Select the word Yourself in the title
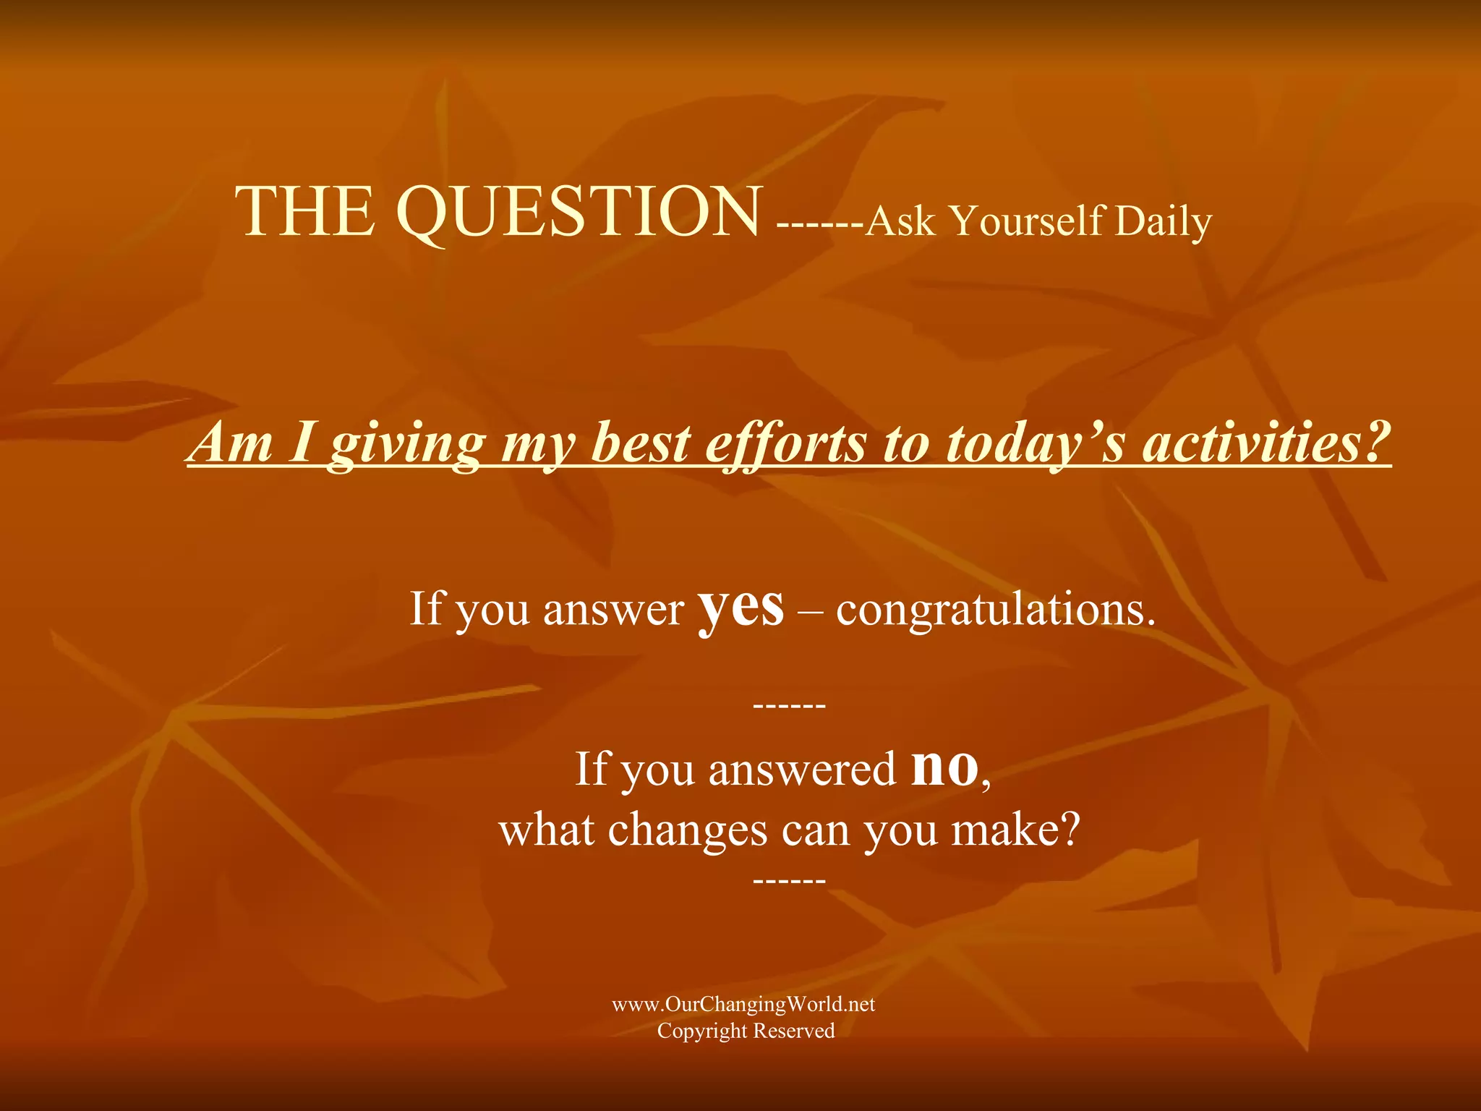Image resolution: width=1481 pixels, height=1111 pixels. (1027, 221)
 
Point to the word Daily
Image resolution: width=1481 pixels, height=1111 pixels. (1163, 221)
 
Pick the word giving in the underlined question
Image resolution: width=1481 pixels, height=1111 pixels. (407, 443)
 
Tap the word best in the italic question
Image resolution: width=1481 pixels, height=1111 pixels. (640, 443)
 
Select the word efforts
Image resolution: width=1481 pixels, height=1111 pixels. (785, 443)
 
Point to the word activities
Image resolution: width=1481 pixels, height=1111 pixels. (1266, 443)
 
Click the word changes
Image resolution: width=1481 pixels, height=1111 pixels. (687, 830)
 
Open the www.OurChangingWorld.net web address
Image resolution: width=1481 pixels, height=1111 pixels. (743, 1004)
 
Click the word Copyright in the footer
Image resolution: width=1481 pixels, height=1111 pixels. (701, 1031)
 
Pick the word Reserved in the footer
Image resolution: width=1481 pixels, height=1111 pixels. (794, 1031)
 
